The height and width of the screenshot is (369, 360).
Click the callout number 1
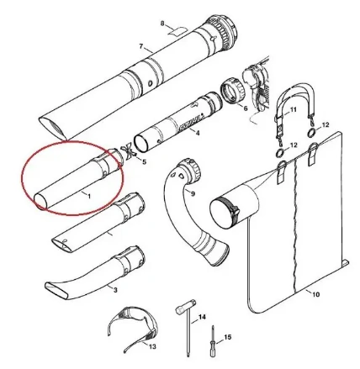coord(89,196)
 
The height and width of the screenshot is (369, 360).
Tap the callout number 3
coord(115,290)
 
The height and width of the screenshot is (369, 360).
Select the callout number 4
coord(198,133)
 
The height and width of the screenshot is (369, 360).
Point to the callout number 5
coord(144,162)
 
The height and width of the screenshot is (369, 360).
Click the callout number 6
coord(246,108)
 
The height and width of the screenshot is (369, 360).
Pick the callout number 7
coord(141,46)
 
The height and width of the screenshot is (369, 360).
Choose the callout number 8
coord(162,24)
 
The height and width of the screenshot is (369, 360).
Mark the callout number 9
coord(193,193)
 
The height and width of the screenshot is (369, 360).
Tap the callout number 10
coord(315,294)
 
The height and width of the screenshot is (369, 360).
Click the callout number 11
coord(293,109)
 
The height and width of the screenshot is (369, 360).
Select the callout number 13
coord(152,347)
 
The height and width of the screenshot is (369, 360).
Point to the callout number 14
coord(202,317)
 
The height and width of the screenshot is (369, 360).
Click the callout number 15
coord(228,337)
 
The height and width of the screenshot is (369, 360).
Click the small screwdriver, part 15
coord(213,341)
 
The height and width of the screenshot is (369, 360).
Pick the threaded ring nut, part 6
coord(232,91)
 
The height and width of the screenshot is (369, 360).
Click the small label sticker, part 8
coord(177,31)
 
